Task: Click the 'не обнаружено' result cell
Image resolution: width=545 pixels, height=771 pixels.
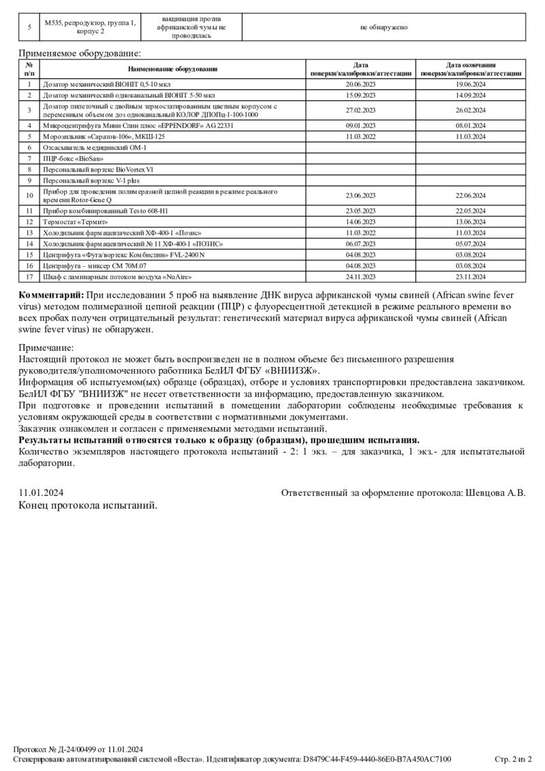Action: (x=384, y=27)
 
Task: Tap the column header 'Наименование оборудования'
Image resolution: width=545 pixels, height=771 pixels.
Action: (x=173, y=69)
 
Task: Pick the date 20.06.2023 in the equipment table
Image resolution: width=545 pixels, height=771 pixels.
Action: (x=360, y=84)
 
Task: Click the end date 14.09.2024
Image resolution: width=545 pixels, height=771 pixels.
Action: (x=470, y=95)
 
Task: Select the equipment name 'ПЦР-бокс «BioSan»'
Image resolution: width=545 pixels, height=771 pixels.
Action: (x=68, y=158)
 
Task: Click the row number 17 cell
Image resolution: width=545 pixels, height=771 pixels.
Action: (x=29, y=277)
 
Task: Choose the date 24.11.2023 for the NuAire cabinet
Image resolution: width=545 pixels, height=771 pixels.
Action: (x=360, y=277)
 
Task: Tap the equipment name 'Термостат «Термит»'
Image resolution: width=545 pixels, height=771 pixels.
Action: (x=76, y=221)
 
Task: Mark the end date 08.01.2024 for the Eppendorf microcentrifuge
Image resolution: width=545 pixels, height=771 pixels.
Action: (x=470, y=125)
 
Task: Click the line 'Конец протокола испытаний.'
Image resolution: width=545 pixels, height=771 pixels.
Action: (x=87, y=505)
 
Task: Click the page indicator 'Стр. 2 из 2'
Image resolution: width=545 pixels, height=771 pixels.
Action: (x=512, y=759)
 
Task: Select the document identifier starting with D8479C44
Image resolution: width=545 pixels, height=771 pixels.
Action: (x=377, y=759)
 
